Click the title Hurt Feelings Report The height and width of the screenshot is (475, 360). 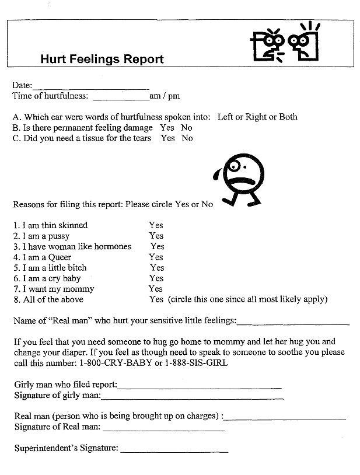(102, 59)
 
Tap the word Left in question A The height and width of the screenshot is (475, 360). (225, 117)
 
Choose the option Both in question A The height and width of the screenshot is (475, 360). (288, 117)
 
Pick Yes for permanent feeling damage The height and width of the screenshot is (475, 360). (167, 128)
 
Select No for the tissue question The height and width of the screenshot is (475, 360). (187, 138)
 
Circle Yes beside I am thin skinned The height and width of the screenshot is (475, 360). (156, 225)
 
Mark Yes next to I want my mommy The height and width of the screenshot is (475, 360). (156, 289)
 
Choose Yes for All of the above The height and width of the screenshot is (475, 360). (156, 299)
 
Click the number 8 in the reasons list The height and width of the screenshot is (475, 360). (15, 299)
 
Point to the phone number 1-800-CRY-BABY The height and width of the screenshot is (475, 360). (126, 363)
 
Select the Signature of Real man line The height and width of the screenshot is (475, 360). (163, 429)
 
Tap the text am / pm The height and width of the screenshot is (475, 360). (165, 96)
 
